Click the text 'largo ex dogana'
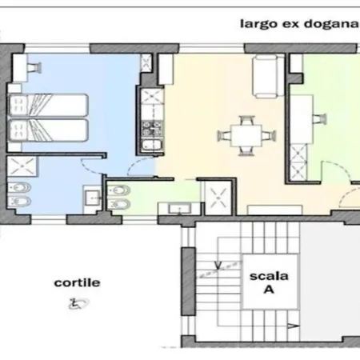tap(299, 24)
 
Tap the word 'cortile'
tap(77, 282)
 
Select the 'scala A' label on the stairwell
tap(269, 282)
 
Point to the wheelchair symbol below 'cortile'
tap(78, 303)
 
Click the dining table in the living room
tap(246, 136)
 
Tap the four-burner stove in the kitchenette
tap(152, 129)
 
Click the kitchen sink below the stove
tap(152, 145)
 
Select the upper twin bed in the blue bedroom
tap(48, 105)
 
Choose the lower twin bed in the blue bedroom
tap(48, 130)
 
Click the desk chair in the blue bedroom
tap(35, 67)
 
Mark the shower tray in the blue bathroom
tap(22, 166)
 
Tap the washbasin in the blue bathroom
tap(92, 198)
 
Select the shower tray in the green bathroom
tap(218, 198)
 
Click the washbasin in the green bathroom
tap(180, 209)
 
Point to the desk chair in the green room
tap(319, 119)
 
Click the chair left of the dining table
tap(225, 136)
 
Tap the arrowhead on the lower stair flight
tap(294, 326)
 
